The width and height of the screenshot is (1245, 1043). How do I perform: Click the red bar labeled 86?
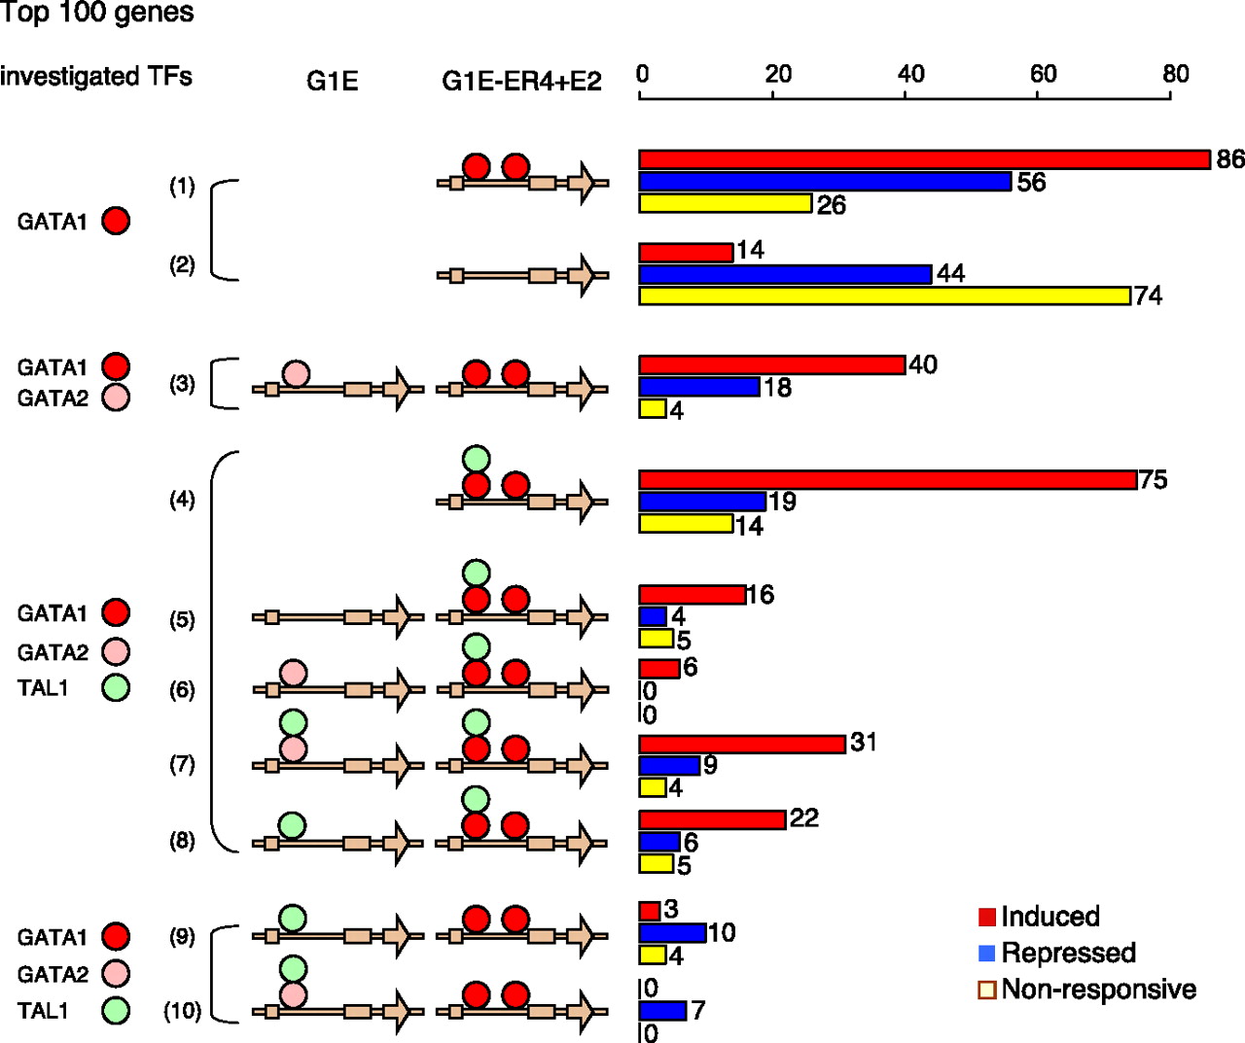pos(924,159)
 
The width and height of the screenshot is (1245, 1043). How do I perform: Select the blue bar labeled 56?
pos(825,182)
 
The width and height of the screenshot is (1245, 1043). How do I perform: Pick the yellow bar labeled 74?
pos(885,296)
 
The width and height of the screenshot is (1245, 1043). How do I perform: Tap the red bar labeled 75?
pos(888,480)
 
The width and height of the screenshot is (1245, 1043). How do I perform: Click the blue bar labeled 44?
pos(785,274)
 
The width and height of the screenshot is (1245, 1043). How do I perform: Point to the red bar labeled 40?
pos(772,365)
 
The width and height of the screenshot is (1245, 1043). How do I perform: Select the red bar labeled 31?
pos(742,745)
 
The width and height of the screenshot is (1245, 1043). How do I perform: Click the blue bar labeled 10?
pos(672,933)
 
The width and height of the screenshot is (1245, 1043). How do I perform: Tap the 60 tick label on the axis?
pos(1044,74)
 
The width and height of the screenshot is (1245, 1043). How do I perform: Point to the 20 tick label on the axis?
pos(779,74)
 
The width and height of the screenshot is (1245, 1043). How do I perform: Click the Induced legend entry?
pos(1040,917)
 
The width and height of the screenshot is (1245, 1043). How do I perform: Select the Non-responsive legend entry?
pos(1087,990)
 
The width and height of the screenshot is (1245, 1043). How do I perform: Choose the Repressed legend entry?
pos(1057,953)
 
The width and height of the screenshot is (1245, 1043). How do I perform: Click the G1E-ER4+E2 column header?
pos(521,82)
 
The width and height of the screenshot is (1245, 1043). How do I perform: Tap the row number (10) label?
pos(183,1011)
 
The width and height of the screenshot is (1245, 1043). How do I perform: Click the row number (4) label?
pos(183,499)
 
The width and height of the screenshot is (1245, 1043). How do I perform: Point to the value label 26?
pos(832,205)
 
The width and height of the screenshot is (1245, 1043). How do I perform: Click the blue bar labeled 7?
pos(662,1011)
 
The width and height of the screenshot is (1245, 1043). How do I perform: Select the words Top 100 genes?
pos(97,13)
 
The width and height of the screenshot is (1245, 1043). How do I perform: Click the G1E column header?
pos(332,82)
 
